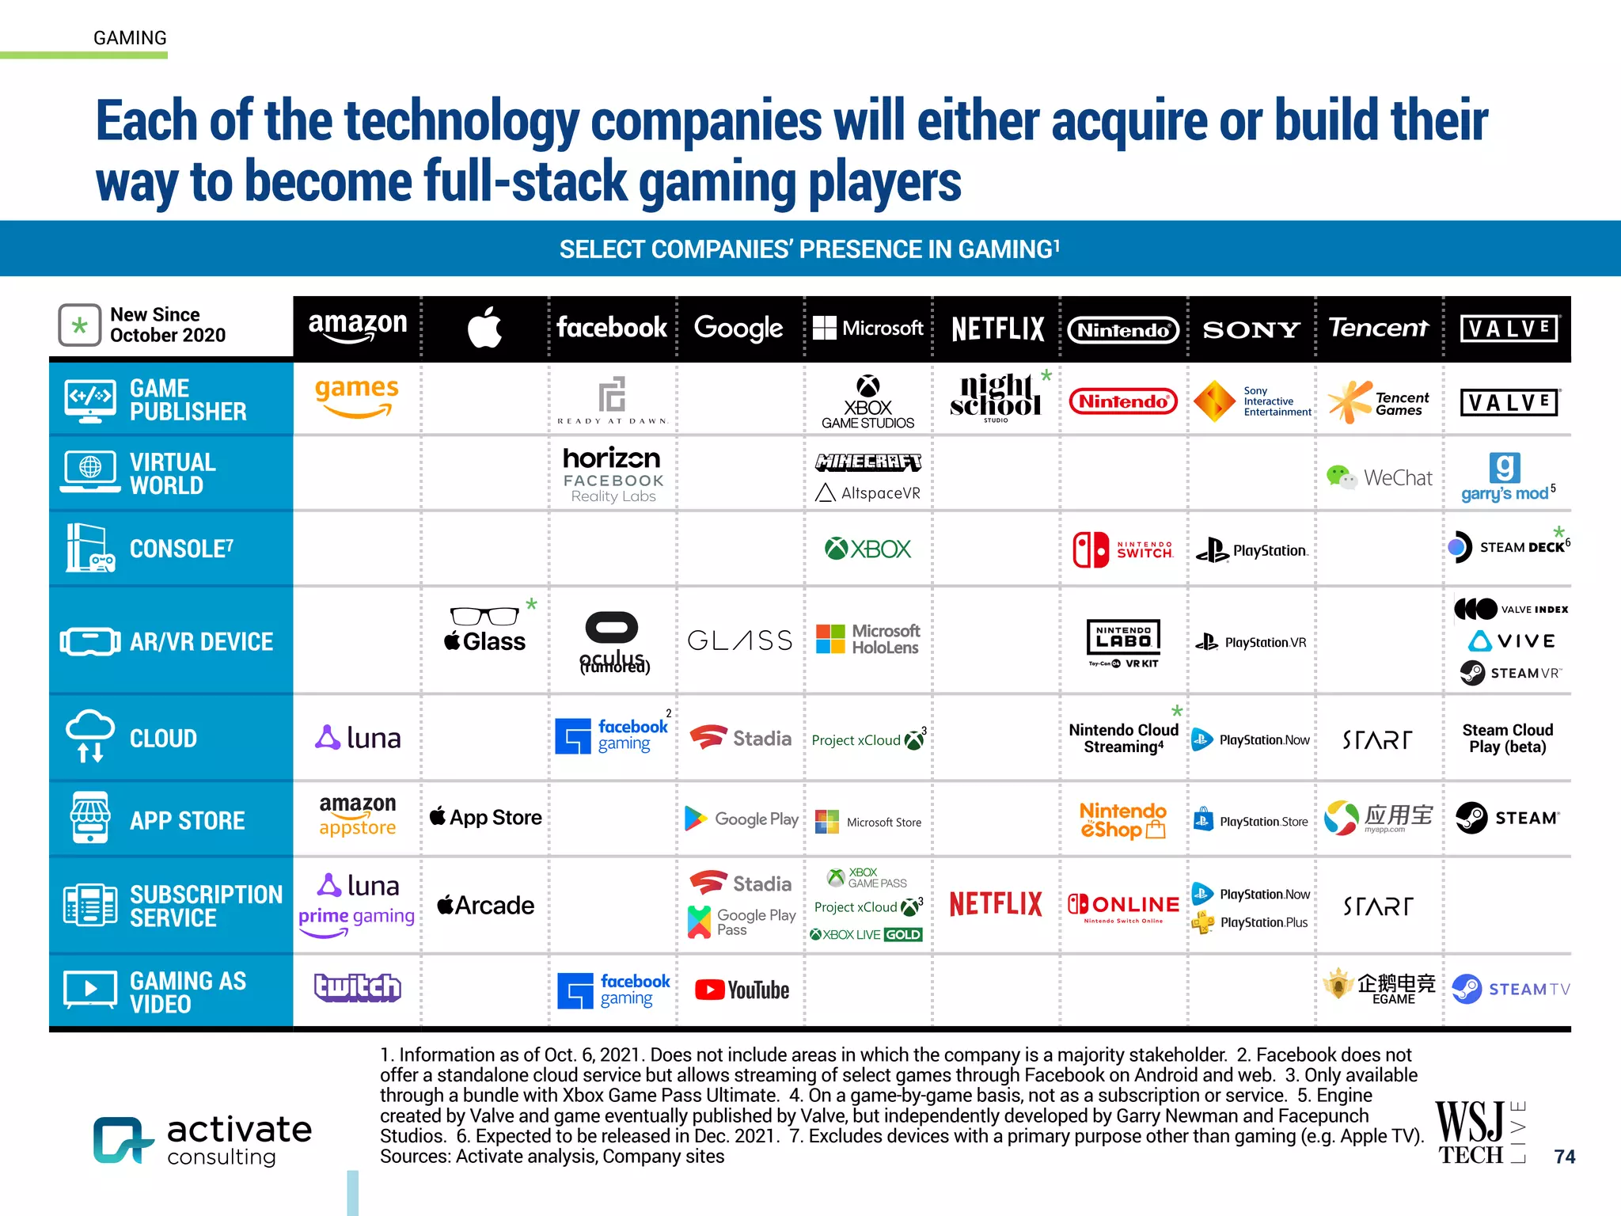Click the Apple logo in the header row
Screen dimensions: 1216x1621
(x=484, y=328)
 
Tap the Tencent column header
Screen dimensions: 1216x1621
(x=1378, y=328)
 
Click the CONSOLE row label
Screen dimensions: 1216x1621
(x=181, y=549)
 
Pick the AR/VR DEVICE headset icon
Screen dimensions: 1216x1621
(x=89, y=641)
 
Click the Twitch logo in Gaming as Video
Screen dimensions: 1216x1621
(x=358, y=988)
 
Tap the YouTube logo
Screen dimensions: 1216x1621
(x=742, y=990)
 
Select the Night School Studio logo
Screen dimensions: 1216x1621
(x=996, y=397)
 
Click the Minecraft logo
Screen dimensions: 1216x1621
(x=868, y=462)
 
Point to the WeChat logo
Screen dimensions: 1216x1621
(x=1379, y=477)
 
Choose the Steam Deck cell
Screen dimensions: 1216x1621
(x=1508, y=547)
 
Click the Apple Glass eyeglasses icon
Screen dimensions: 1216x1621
(x=484, y=616)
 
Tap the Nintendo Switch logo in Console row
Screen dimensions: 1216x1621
(x=1122, y=549)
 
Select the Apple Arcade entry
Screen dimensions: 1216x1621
(x=485, y=905)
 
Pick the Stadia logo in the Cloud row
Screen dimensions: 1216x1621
(x=741, y=738)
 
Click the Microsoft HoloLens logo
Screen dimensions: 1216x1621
(x=867, y=639)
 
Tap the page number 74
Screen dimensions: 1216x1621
(x=1564, y=1157)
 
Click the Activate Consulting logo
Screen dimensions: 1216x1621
(x=203, y=1140)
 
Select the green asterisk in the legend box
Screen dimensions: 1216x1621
(x=80, y=325)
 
